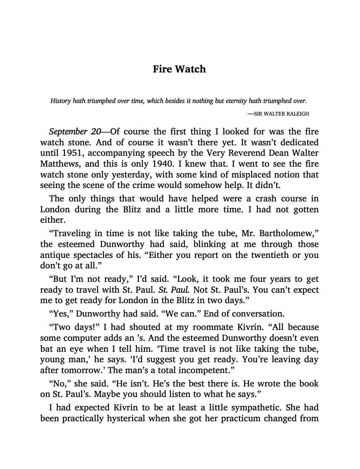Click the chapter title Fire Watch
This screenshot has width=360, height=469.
pos(179,69)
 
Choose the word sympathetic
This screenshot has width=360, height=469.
pos(281,407)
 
